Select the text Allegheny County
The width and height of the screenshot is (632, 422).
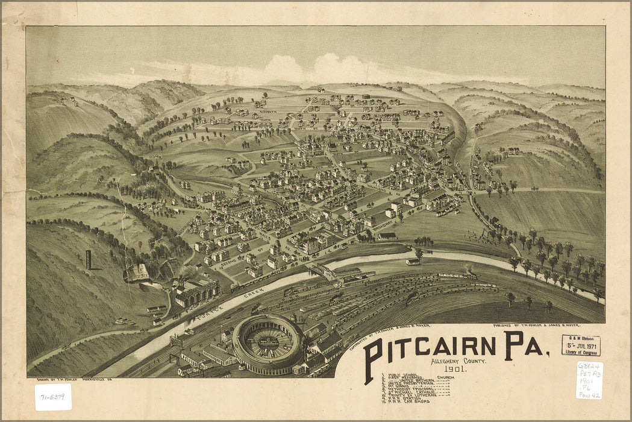pos(446,361)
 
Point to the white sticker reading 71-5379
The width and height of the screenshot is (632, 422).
pos(53,397)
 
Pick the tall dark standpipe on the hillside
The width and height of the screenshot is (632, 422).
pos(89,260)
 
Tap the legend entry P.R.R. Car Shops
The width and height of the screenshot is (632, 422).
pos(410,402)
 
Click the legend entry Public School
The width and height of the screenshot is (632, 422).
pos(404,374)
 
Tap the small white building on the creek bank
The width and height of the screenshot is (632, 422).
pos(413,262)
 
